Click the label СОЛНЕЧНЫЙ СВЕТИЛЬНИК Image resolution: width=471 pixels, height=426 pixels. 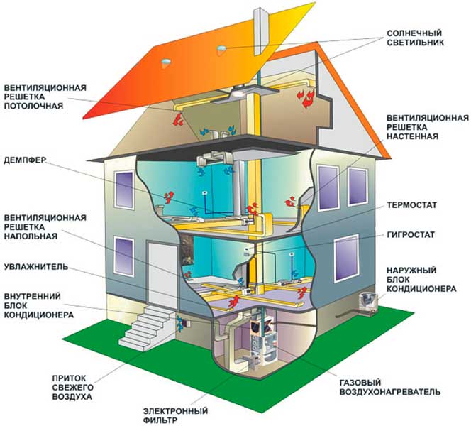[x=415, y=38]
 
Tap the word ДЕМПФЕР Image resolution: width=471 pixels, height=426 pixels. [x=25, y=160]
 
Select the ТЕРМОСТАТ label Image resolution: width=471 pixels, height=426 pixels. [x=411, y=205]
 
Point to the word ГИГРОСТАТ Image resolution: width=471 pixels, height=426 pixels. [x=411, y=234]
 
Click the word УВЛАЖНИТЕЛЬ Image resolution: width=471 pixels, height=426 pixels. [x=36, y=267]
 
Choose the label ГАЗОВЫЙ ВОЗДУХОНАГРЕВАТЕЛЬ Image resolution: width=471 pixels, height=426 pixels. [x=389, y=387]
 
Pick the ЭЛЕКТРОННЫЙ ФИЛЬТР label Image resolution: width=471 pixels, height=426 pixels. [x=175, y=415]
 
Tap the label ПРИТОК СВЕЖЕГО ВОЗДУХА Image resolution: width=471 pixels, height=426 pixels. [x=72, y=387]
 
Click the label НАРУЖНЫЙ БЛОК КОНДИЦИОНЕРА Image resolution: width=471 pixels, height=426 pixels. [x=421, y=280]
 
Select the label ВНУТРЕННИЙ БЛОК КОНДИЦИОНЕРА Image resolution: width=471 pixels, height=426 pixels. [x=39, y=305]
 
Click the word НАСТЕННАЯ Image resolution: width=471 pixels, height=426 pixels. [x=412, y=136]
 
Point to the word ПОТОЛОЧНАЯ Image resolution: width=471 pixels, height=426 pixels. [x=33, y=106]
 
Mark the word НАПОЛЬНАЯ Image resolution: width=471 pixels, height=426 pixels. [x=31, y=236]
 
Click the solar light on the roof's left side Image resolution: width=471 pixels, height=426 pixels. [x=166, y=63]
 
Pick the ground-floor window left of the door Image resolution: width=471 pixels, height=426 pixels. [x=124, y=256]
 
